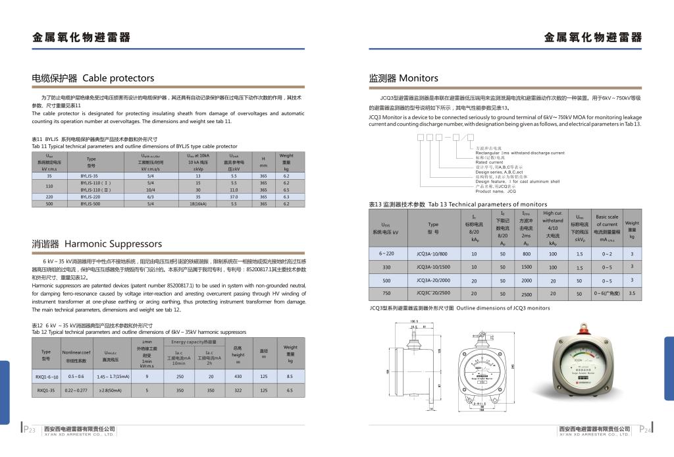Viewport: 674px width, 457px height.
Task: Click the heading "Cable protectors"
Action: pyautogui.click(x=118, y=78)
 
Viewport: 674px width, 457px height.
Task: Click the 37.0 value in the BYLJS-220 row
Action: pyautogui.click(x=234, y=196)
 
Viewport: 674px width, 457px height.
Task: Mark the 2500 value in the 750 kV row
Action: pyautogui.click(x=526, y=294)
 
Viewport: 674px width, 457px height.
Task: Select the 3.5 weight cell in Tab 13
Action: pyautogui.click(x=632, y=293)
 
